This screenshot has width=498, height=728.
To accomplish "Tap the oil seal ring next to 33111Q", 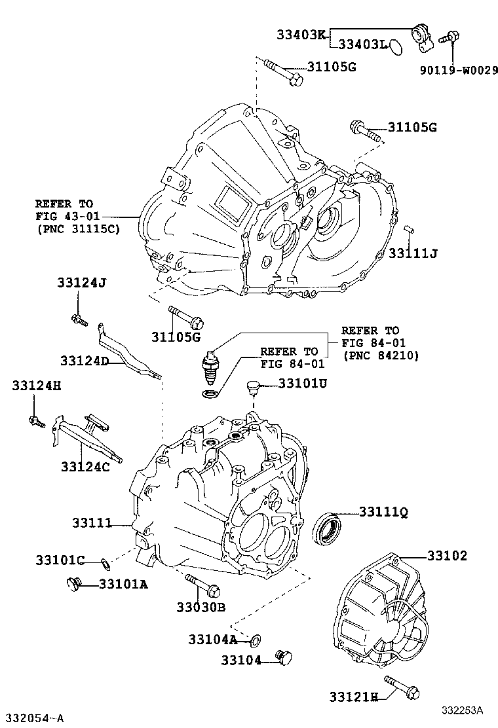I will pos(326,530).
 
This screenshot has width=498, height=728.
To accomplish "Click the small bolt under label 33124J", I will pos(79,319).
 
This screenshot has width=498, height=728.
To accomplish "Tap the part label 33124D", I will pos(85,361).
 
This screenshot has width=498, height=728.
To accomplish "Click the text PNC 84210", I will pos(381,355).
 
